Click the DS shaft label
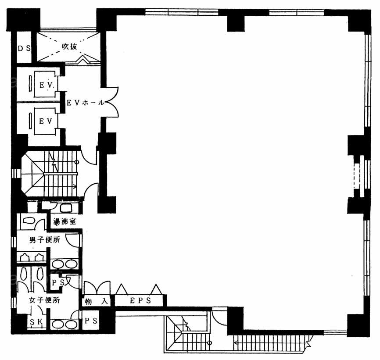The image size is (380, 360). (24, 48)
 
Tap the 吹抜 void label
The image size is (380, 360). (70, 46)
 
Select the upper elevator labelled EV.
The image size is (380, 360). (46, 85)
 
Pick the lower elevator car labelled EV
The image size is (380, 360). (46, 121)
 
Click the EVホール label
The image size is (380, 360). (85, 103)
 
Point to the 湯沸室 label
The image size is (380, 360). (65, 221)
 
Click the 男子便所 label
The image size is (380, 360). (45, 240)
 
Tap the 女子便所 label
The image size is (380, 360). (45, 300)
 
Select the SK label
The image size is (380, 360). (36, 322)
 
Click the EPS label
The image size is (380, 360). (140, 301)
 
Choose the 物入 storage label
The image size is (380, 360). (96, 301)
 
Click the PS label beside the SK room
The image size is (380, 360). (91, 321)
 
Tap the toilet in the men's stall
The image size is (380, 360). (29, 221)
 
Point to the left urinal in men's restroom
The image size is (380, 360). (25, 257)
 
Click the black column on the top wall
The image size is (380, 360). (236, 21)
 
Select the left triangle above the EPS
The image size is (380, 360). (122, 289)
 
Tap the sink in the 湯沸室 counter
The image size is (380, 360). (65, 208)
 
